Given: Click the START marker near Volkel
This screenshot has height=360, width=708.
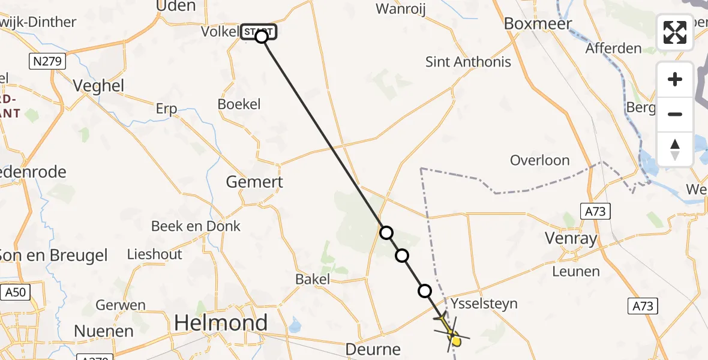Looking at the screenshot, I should click(259, 32).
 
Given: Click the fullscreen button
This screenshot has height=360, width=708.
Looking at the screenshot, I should click(675, 32).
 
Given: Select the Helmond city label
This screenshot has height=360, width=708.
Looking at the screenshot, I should click(221, 323).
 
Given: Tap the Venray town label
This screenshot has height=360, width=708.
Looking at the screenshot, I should click(571, 239).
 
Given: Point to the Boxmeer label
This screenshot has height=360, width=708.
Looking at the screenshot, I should click(538, 23).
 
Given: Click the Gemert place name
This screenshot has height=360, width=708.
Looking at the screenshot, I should click(254, 181).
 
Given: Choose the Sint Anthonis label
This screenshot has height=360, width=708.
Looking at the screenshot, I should click(468, 61).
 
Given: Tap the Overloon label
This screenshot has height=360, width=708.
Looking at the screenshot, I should click(539, 160).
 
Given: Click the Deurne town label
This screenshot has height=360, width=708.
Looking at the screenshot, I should click(373, 349).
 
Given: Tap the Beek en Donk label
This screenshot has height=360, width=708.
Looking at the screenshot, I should click(196, 226).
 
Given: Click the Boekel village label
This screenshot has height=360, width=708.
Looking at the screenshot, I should click(239, 104).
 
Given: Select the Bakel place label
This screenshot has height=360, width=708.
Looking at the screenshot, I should click(313, 279).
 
